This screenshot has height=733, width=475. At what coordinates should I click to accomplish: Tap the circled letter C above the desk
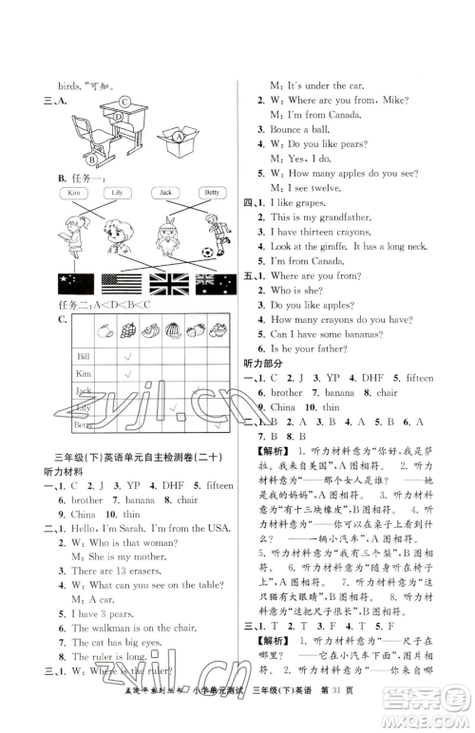[124, 103]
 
